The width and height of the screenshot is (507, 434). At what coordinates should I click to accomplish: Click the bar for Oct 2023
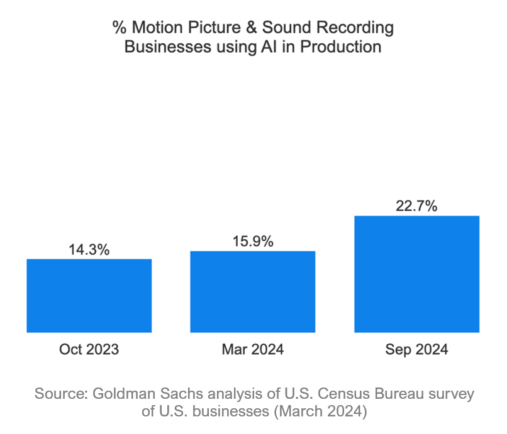pyautogui.click(x=89, y=295)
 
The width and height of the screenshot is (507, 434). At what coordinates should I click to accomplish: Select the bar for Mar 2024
pyautogui.click(x=253, y=291)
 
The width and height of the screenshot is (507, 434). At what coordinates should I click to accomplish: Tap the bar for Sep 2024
pyautogui.click(x=416, y=274)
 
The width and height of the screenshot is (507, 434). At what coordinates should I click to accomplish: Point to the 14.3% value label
pyautogui.click(x=89, y=249)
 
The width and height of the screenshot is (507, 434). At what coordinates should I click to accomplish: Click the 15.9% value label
pyautogui.click(x=253, y=241)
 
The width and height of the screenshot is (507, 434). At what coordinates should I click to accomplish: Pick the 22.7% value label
pyautogui.click(x=416, y=206)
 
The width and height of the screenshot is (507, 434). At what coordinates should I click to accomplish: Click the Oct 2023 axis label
pyautogui.click(x=89, y=350)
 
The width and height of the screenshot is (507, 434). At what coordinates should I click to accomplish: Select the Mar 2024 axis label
pyautogui.click(x=253, y=350)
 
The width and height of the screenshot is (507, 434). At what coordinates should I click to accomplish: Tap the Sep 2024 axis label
pyautogui.click(x=416, y=350)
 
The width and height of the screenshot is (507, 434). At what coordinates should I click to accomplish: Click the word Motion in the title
pyautogui.click(x=154, y=28)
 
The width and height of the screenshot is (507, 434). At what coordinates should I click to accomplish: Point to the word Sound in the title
pyautogui.click(x=282, y=28)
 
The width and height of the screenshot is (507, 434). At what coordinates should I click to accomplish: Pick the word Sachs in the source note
pyautogui.click(x=172, y=394)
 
